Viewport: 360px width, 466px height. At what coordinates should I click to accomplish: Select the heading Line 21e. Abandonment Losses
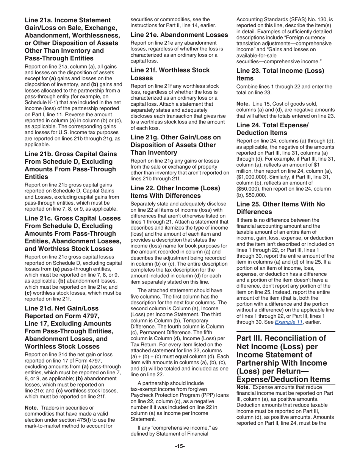pos(179,35)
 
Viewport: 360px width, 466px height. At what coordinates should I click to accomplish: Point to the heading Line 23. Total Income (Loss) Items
pos(280,74)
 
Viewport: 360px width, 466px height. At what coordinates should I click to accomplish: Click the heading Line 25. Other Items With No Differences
pos(280,208)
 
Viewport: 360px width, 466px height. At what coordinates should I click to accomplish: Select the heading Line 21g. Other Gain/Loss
pos(175,145)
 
